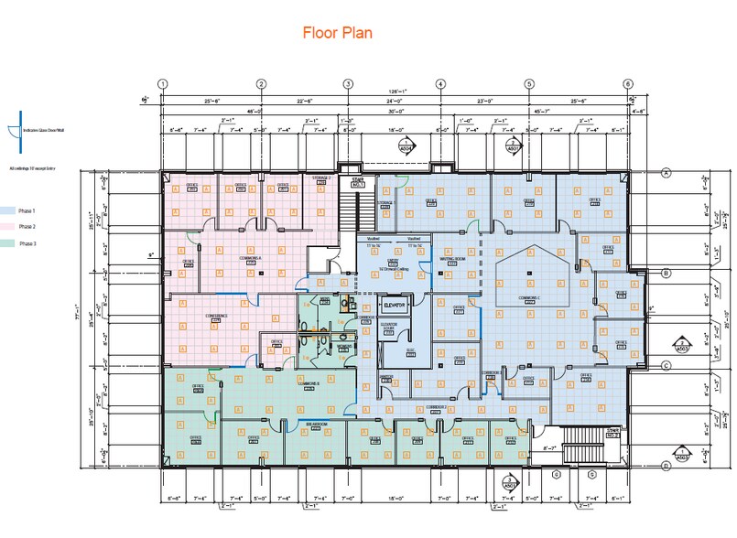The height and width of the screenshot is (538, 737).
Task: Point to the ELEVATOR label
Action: coord(396,303)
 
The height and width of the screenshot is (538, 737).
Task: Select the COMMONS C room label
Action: coord(534,297)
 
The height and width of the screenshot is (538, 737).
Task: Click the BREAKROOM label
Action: coord(316,425)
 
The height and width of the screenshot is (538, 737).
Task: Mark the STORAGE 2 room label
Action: coord(320,178)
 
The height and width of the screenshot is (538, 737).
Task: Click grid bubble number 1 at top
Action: coord(163,84)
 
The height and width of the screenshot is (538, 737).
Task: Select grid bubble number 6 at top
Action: coord(628,84)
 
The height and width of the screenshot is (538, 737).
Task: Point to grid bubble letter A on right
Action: coord(667,171)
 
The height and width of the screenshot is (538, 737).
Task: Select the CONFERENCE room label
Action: coord(216,317)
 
